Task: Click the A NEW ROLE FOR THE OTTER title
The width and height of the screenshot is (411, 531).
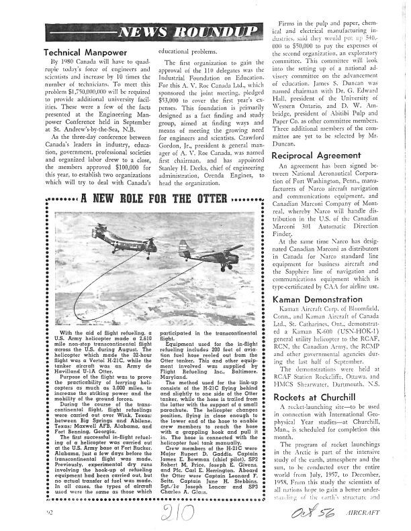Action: pyautogui.click(x=152, y=198)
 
